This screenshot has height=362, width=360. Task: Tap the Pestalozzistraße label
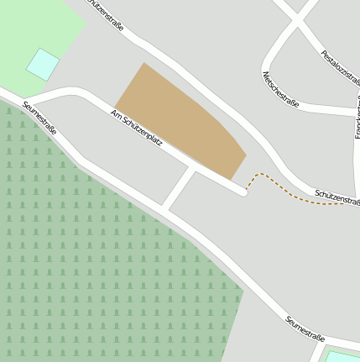click(x=340, y=70)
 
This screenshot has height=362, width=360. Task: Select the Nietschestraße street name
click(x=281, y=89)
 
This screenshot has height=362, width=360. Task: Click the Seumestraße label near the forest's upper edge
click(x=39, y=118)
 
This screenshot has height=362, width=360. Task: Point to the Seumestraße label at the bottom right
click(x=304, y=328)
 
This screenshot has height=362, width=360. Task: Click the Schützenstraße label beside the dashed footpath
click(x=337, y=198)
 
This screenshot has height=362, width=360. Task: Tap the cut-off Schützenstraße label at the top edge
click(x=106, y=14)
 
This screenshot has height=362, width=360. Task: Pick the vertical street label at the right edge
click(x=357, y=122)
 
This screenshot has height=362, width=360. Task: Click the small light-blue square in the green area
click(x=43, y=64)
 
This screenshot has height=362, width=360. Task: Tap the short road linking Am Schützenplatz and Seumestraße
click(x=179, y=189)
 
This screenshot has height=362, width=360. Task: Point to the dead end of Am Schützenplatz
click(x=243, y=192)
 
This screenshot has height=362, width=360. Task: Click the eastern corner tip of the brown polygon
click(x=246, y=155)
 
